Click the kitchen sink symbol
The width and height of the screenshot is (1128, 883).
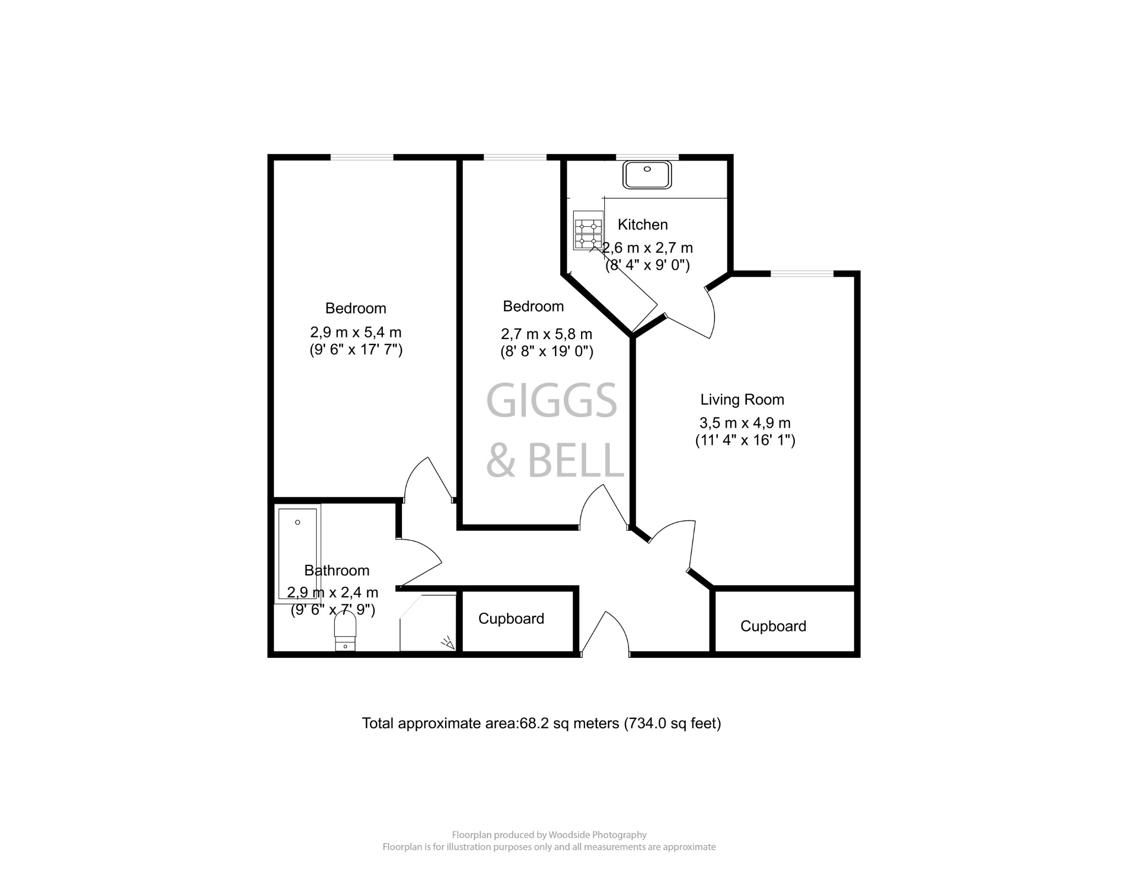point(647,175)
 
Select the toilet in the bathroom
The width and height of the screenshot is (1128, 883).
point(345,633)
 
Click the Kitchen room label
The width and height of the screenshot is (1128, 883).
point(643,225)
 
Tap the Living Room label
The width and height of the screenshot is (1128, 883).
point(742,400)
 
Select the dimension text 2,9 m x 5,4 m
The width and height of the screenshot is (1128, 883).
point(356,333)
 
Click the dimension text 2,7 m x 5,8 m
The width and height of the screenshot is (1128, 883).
point(546,334)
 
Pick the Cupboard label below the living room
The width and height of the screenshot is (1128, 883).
point(773,626)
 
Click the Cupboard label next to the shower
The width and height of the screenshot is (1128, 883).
point(511,619)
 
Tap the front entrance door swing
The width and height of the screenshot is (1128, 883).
point(605,633)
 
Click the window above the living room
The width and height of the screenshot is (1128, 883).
point(802,274)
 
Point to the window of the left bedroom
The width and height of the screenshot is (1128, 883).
point(362,157)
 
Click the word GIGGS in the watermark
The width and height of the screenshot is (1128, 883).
point(551,401)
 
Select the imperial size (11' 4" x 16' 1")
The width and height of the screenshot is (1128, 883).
point(745,440)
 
